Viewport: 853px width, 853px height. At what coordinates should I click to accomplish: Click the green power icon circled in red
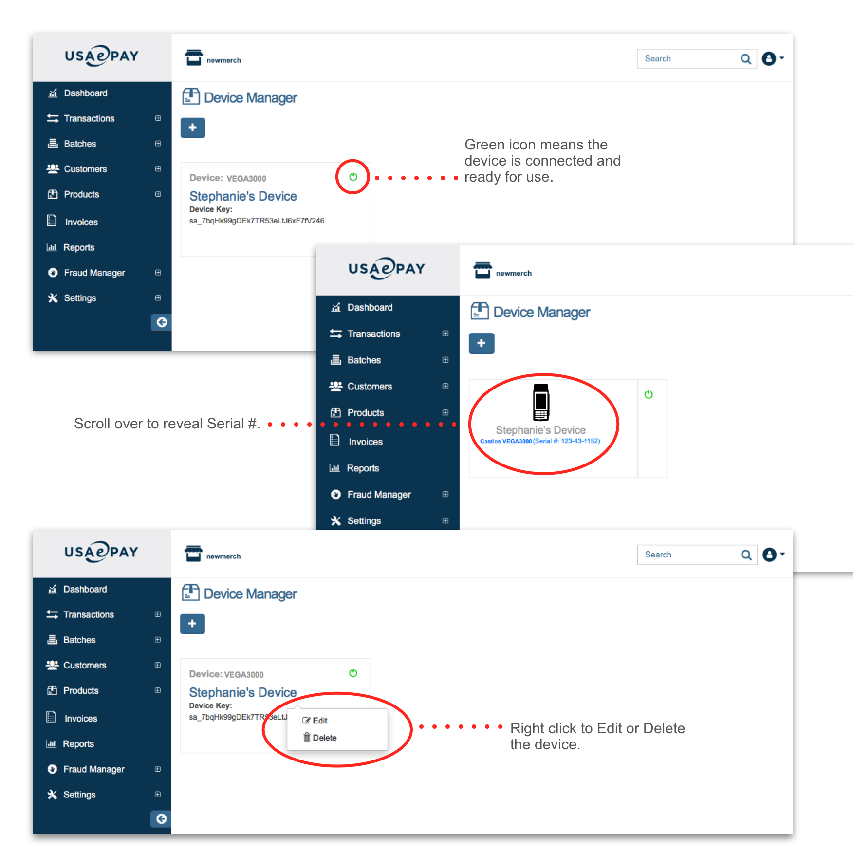click(x=353, y=177)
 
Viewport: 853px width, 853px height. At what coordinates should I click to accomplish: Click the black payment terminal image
click(x=541, y=402)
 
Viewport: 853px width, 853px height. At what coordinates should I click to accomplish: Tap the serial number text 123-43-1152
click(x=580, y=441)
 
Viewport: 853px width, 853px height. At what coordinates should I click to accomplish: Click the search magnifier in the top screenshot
click(x=745, y=59)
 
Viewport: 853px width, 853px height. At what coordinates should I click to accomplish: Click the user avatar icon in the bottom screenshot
click(x=769, y=555)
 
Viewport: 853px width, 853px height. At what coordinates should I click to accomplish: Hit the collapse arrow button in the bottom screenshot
click(x=161, y=819)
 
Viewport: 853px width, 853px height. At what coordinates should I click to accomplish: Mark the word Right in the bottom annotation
click(x=527, y=729)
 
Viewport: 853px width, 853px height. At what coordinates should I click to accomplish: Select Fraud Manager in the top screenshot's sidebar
click(x=94, y=273)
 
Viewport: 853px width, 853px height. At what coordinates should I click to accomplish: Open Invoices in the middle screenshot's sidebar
click(x=365, y=442)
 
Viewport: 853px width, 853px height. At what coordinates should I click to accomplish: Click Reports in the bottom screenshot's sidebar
click(x=78, y=744)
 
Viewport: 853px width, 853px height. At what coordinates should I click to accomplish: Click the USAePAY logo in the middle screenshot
click(x=387, y=268)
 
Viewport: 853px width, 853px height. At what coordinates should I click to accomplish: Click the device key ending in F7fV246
click(x=257, y=221)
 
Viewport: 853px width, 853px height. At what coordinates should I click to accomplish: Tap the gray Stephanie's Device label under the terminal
click(x=540, y=430)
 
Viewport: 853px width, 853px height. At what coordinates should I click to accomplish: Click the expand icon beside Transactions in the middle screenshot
click(x=445, y=334)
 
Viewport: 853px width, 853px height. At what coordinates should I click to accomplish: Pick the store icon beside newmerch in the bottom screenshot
click(x=193, y=554)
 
